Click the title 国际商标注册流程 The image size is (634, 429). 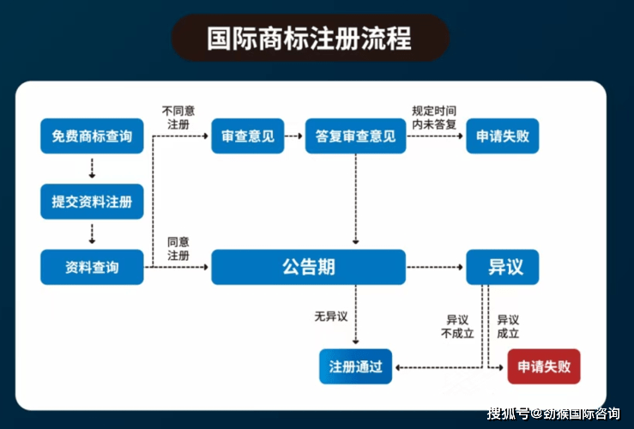(x=310, y=39)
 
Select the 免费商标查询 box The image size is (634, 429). (x=92, y=136)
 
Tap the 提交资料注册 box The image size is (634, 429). (x=92, y=202)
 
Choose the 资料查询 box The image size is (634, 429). (x=92, y=268)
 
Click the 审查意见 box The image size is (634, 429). (x=247, y=136)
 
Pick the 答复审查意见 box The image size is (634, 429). (x=355, y=136)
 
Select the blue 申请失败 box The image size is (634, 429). (x=503, y=136)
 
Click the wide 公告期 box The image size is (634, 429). (x=308, y=268)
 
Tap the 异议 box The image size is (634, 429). (x=503, y=268)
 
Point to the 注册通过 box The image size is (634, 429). (x=355, y=367)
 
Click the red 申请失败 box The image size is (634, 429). (x=544, y=367)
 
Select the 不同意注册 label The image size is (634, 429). (x=178, y=117)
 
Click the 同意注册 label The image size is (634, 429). (x=178, y=249)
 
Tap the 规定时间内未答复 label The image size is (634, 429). (x=434, y=117)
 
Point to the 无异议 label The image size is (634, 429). (x=330, y=317)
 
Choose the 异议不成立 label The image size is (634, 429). (x=457, y=326)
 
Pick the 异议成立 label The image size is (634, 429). (x=508, y=326)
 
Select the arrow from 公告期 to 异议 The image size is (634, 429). (x=435, y=268)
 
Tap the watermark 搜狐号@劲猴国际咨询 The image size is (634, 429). (x=553, y=414)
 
